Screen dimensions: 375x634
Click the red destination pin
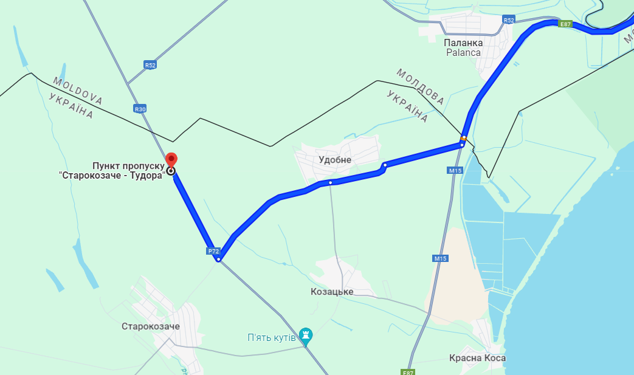tap(171, 159)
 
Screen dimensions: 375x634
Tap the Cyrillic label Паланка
tap(463, 43)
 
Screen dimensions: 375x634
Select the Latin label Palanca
tap(463, 52)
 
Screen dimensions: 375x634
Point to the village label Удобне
tap(335, 160)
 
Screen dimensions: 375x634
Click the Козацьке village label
tap(332, 292)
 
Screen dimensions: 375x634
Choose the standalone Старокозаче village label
tap(151, 326)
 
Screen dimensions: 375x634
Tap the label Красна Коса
tap(477, 358)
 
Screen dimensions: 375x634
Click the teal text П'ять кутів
tap(271, 337)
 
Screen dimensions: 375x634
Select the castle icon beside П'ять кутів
tap(306, 335)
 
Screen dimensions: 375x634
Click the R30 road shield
tap(140, 109)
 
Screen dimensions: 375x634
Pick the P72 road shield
tap(213, 250)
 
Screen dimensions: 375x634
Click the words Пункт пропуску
tap(128, 165)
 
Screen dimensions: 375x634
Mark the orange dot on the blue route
tap(463, 138)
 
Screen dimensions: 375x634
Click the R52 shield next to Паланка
tap(509, 20)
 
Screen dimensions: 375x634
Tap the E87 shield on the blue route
tap(565, 24)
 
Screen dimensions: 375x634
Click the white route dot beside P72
tap(219, 260)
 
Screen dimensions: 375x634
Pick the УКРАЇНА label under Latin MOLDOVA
tap(71, 106)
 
